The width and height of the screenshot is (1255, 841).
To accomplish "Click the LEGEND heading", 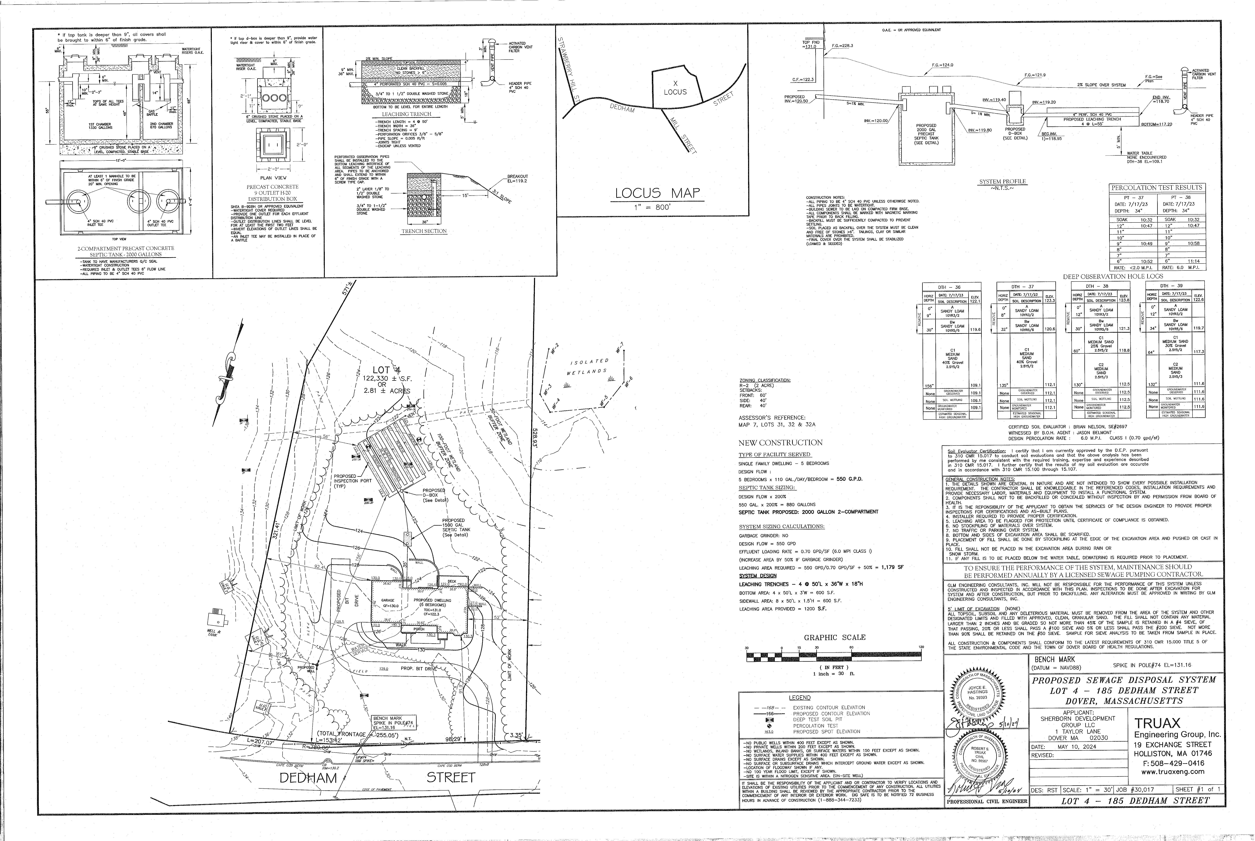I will [800, 698].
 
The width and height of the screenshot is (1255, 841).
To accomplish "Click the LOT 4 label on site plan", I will [387, 370].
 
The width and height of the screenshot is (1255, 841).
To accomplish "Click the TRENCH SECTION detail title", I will [424, 231].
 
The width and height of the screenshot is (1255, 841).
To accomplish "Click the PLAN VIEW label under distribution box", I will [273, 178].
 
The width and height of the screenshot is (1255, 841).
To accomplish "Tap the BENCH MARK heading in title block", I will [1051, 659].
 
